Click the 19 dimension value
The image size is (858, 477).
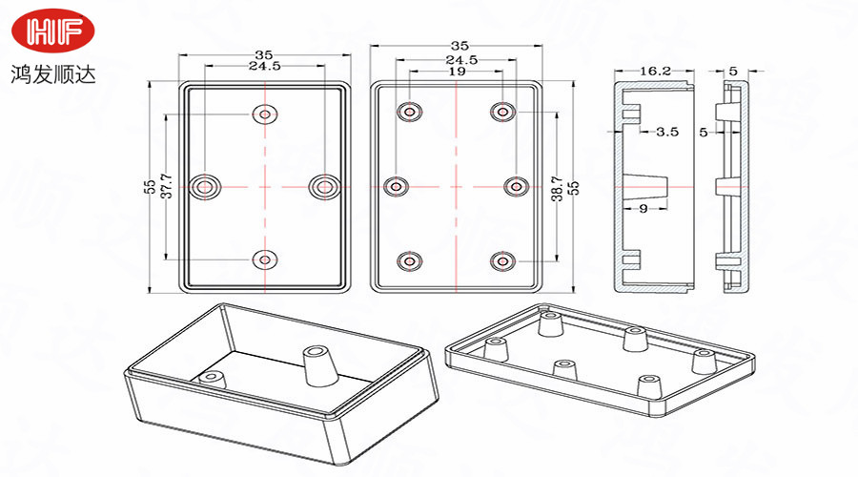[457, 72]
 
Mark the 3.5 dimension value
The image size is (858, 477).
[667, 133]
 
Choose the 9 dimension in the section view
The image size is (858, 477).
[643, 208]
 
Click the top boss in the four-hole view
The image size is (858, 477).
[264, 114]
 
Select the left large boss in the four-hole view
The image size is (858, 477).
[205, 186]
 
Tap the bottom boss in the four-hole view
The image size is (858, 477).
[264, 258]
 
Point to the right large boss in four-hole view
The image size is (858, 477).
[324, 186]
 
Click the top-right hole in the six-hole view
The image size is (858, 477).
[502, 112]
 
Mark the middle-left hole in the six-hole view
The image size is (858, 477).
[398, 186]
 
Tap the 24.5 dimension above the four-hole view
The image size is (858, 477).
[264, 67]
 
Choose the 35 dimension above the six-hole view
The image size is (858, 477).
[460, 46]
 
